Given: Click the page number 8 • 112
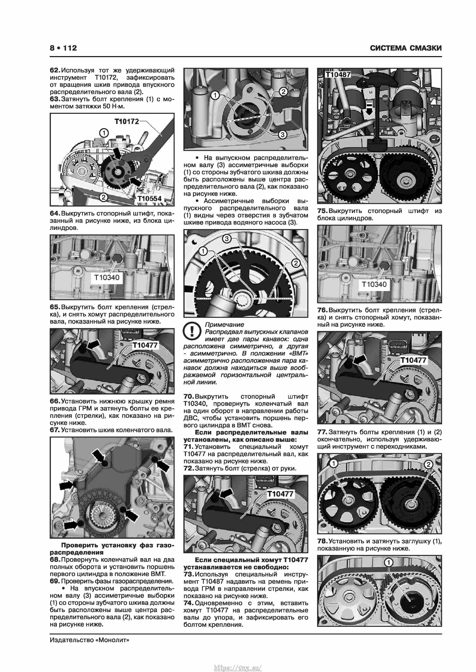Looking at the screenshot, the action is pyautogui.click(x=63, y=48).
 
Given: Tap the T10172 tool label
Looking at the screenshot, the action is pyautogui.click(x=127, y=121).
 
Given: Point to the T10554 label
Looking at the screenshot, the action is pyautogui.click(x=149, y=198).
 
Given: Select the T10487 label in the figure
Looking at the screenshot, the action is pyautogui.click(x=338, y=75).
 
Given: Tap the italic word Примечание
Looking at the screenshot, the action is pyautogui.click(x=224, y=324).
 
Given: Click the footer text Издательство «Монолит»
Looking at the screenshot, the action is pyautogui.click(x=89, y=640).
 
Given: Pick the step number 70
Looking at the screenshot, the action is pyautogui.click(x=189, y=396).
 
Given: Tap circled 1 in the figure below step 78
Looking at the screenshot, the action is pyautogui.click(x=388, y=563).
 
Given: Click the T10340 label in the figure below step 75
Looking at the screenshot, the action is pyautogui.click(x=374, y=284).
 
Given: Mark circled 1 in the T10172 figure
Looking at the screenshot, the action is pyautogui.click(x=104, y=133).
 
